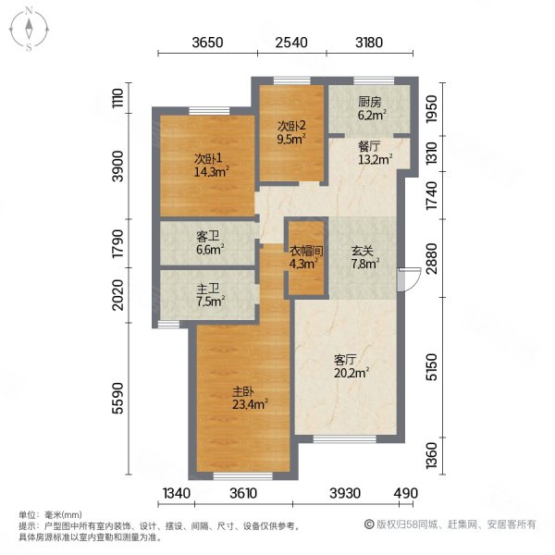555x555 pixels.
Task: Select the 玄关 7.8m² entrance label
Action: (x=362, y=255)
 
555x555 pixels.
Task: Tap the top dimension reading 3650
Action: (x=208, y=42)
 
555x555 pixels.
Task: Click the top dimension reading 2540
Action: (x=290, y=42)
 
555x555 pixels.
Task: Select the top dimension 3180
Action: (x=369, y=42)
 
